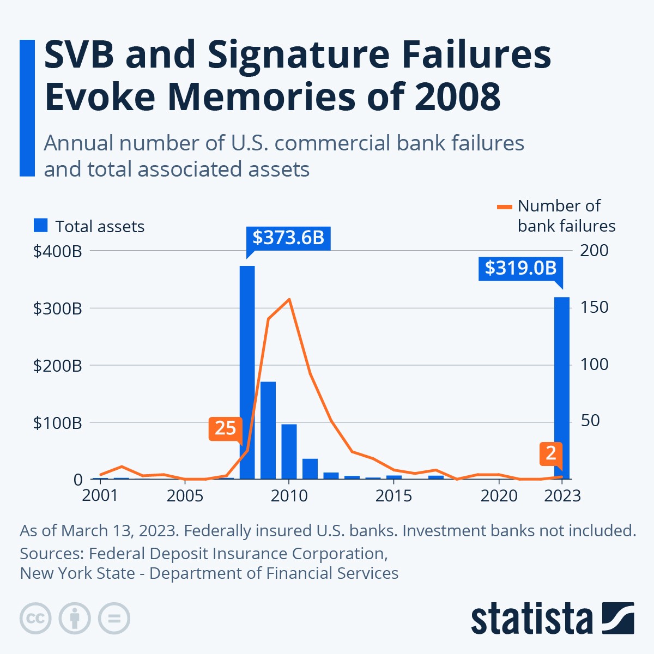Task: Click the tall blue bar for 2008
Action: click(x=247, y=371)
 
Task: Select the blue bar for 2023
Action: click(x=562, y=387)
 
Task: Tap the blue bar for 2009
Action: click(x=268, y=431)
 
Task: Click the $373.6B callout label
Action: click(x=288, y=238)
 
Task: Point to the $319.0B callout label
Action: click(x=520, y=268)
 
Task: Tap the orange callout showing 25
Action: click(x=225, y=428)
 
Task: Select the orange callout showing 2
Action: click(x=551, y=453)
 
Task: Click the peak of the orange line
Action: click(x=289, y=299)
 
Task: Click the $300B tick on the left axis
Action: click(x=57, y=308)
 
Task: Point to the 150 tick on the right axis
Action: click(x=594, y=307)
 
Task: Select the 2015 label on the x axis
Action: click(x=393, y=496)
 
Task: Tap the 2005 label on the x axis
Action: click(x=184, y=496)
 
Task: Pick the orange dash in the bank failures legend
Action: click(x=505, y=207)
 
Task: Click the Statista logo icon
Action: click(x=618, y=618)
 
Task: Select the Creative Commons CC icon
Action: click(x=35, y=619)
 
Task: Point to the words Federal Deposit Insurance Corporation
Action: click(x=238, y=553)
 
